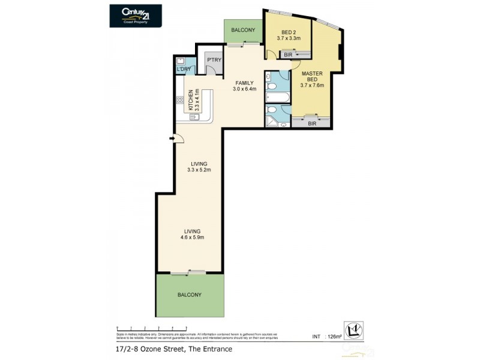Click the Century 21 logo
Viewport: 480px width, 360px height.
(x=136, y=15)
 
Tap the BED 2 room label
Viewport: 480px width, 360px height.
(x=288, y=35)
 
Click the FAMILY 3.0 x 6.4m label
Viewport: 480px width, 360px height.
(x=244, y=86)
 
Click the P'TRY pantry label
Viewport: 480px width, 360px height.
(x=213, y=60)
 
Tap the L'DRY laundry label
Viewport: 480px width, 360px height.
(x=184, y=70)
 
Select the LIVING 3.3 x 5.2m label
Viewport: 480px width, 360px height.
(x=199, y=166)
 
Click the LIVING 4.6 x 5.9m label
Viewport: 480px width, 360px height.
(x=192, y=234)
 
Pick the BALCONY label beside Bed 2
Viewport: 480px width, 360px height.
(x=243, y=30)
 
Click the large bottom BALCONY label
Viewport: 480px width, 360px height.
(x=189, y=295)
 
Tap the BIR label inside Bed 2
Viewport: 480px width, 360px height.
(x=288, y=55)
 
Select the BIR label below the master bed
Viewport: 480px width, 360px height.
(x=311, y=124)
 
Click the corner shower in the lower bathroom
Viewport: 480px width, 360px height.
(x=271, y=122)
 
